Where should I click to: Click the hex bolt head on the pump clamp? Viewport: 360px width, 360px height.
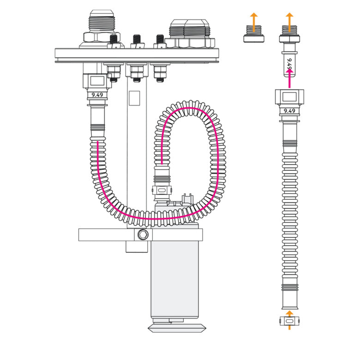point(143,234)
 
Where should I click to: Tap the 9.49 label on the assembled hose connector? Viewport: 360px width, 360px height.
point(97,95)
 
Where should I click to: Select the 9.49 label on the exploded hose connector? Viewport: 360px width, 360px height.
point(289,111)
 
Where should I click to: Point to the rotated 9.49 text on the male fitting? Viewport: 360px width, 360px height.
point(290,64)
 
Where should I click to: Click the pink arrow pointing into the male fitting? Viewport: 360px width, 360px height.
point(289,78)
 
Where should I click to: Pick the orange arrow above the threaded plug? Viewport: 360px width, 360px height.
point(254,22)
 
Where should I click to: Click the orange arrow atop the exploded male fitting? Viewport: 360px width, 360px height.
point(289,22)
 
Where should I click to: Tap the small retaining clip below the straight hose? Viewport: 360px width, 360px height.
point(289,321)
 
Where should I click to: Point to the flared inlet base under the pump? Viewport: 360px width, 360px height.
point(177,328)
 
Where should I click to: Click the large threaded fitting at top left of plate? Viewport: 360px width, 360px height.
point(102,29)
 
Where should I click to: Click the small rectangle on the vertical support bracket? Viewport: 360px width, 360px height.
point(134,98)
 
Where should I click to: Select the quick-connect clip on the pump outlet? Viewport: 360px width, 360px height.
point(162,190)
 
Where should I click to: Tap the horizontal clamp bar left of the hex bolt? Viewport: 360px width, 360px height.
point(106,234)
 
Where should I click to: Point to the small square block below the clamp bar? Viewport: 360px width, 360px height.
point(137,247)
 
